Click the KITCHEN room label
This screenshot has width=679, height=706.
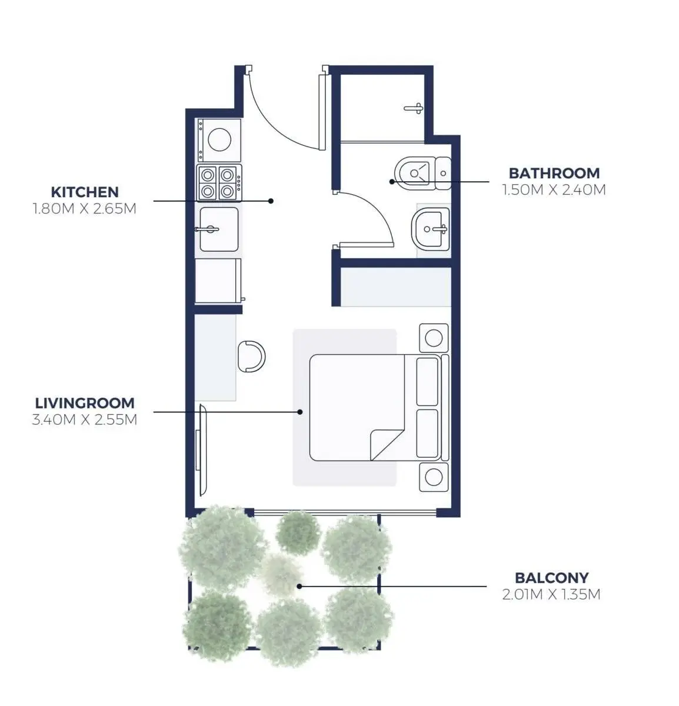(x=85, y=192)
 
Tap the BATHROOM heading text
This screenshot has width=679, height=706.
(x=554, y=173)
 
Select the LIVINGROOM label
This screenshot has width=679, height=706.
(x=85, y=403)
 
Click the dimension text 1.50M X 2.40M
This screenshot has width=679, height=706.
(x=554, y=190)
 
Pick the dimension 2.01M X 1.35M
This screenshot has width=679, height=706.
(x=552, y=594)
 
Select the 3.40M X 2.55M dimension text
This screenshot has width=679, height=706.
(x=85, y=419)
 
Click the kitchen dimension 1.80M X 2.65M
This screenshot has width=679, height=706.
(x=85, y=209)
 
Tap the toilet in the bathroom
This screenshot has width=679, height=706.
(x=423, y=173)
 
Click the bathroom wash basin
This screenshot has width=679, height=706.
(x=431, y=229)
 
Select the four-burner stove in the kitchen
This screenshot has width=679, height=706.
(x=219, y=183)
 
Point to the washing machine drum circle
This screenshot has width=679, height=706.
(x=219, y=139)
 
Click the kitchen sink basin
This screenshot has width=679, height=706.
(x=219, y=229)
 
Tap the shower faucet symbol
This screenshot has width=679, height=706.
(x=414, y=108)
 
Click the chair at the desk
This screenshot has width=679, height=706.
(x=251, y=357)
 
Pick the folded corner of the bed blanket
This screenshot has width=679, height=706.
(x=387, y=445)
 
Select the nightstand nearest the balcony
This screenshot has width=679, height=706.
(x=434, y=477)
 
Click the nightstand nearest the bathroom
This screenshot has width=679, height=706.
(x=434, y=338)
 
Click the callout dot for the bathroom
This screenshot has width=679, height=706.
(x=392, y=181)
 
